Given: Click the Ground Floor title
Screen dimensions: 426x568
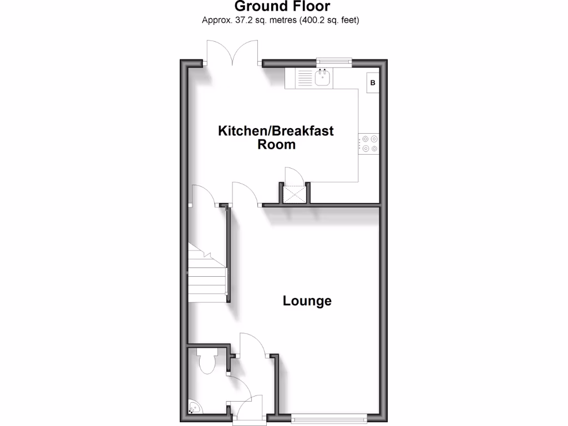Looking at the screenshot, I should click(x=282, y=7).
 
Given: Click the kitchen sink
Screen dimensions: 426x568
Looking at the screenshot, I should click(x=323, y=78).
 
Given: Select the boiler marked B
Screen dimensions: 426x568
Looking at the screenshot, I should click(x=373, y=83).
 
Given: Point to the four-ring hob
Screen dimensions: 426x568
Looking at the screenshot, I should click(x=369, y=144).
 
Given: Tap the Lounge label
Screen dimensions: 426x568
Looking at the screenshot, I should click(x=307, y=301).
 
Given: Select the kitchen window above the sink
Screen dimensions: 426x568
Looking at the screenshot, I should click(x=334, y=60).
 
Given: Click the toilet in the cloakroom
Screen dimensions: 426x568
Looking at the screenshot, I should click(x=207, y=363).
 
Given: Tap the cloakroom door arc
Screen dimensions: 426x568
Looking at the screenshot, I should click(x=239, y=386).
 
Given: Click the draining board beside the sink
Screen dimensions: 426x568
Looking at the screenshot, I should click(x=300, y=78).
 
